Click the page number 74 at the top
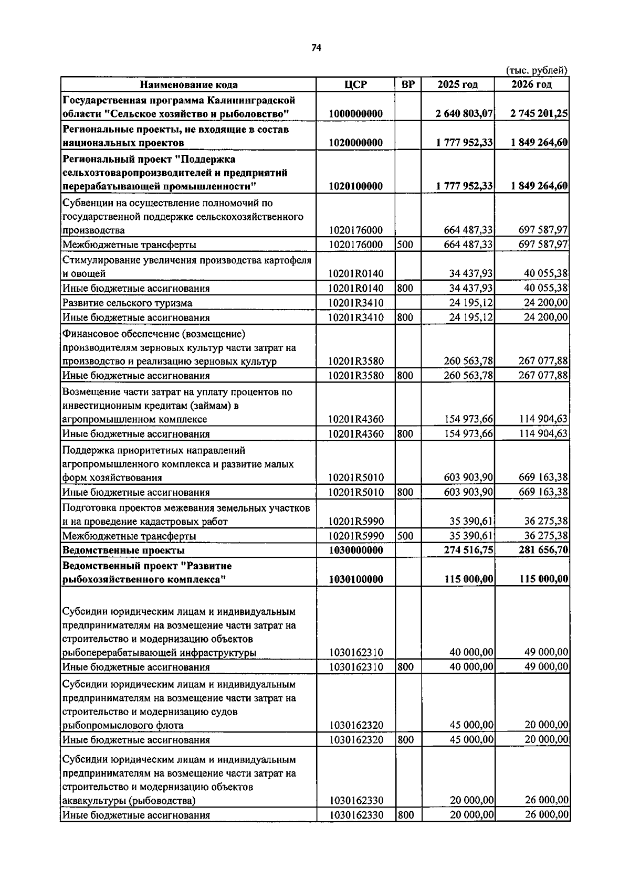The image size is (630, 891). click(316, 48)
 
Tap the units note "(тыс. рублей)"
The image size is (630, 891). click(537, 70)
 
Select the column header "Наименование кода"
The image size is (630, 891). click(188, 84)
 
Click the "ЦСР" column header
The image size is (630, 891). click(355, 84)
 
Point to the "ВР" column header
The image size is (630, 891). click(407, 84)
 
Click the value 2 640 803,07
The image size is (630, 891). click(464, 113)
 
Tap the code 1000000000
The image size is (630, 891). click(355, 113)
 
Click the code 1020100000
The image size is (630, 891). click(355, 186)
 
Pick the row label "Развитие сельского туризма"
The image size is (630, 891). click(127, 303)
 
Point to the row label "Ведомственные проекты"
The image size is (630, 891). click(123, 550)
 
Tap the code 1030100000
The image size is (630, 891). click(355, 579)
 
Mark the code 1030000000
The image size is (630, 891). click(355, 550)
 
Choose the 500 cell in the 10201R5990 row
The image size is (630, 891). click(405, 536)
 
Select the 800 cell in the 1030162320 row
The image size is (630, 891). click(405, 740)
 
